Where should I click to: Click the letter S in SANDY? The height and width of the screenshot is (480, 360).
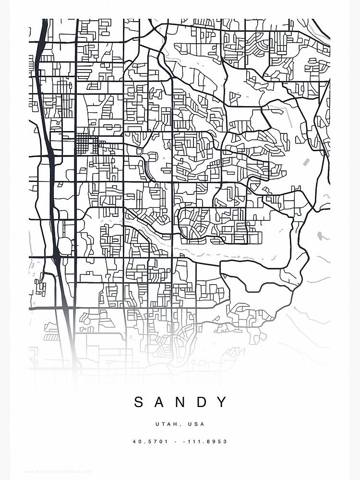point(139,402)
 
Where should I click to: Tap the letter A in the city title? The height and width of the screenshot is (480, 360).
point(160,402)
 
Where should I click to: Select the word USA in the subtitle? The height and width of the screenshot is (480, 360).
point(197,424)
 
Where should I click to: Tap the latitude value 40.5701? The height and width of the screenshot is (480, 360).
point(150,442)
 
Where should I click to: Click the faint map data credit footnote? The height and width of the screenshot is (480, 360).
point(58,472)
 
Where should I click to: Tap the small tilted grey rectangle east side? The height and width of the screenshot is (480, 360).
point(306,162)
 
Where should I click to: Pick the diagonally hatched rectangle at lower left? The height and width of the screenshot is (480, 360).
point(51,337)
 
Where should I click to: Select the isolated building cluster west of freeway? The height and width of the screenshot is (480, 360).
point(41,286)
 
